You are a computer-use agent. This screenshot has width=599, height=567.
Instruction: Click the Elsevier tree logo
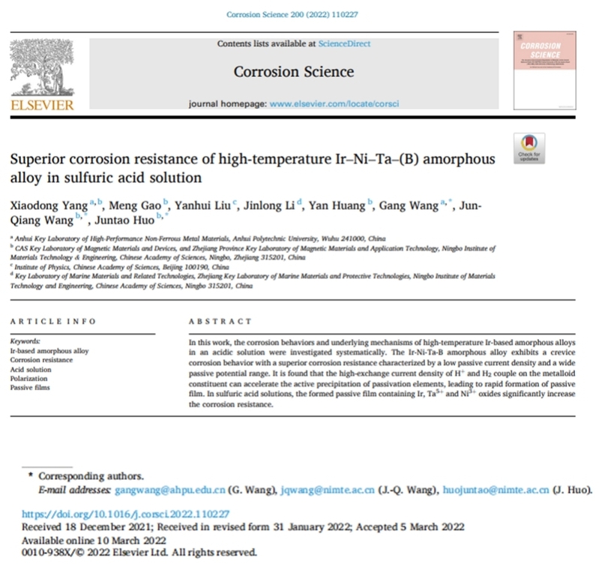[x=41, y=67]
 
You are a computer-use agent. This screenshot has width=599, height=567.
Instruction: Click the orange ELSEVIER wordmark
[x=41, y=105]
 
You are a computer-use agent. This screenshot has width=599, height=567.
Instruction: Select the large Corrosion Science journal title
[x=294, y=72]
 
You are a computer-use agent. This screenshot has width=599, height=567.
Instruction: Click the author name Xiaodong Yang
[x=41, y=185]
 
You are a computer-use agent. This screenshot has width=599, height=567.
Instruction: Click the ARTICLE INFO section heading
[x=52, y=322]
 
